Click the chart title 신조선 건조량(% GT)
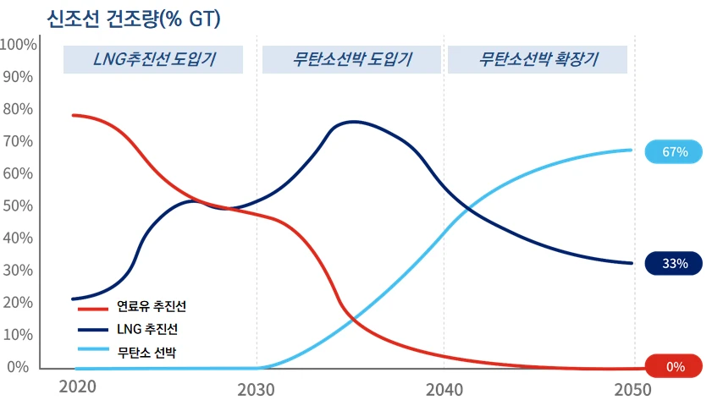click(134, 19)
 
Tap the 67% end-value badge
click(673, 151)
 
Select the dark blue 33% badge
click(673, 263)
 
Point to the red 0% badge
click(673, 366)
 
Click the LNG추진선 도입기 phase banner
click(153, 59)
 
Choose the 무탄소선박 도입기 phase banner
click(351, 59)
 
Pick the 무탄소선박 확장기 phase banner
click(538, 59)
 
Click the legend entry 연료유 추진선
click(132, 307)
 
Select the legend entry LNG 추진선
click(128, 329)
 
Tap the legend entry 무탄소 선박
click(127, 352)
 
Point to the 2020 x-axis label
click(78, 387)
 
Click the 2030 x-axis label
click(257, 390)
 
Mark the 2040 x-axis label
click(444, 390)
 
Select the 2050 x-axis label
click(632, 390)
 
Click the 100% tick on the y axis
click(18, 45)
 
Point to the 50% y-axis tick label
click(18, 206)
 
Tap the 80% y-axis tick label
click(18, 109)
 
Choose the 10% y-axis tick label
click(18, 335)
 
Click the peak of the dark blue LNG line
click(353, 122)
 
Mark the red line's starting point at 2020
click(74, 115)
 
